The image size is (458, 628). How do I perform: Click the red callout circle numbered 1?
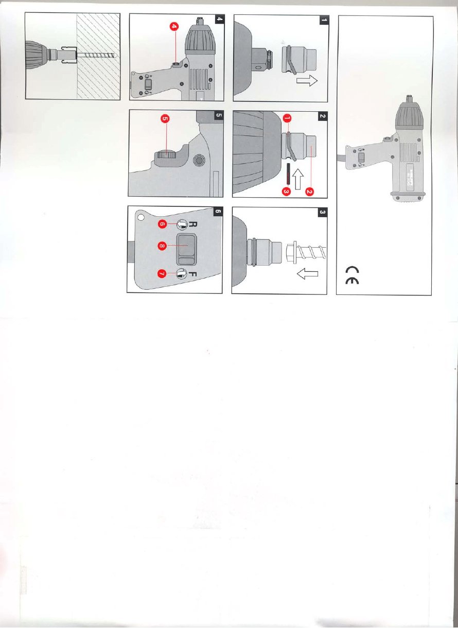pos(287,119)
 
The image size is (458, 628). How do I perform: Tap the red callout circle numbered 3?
pos(287,191)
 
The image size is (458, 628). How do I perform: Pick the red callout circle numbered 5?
pos(165,119)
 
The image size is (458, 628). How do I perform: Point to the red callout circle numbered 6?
pos(162,224)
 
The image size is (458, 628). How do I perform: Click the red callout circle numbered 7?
pos(162,274)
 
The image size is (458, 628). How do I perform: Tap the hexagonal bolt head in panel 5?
pos(196,162)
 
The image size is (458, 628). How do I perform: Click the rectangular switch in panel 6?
pos(184,248)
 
